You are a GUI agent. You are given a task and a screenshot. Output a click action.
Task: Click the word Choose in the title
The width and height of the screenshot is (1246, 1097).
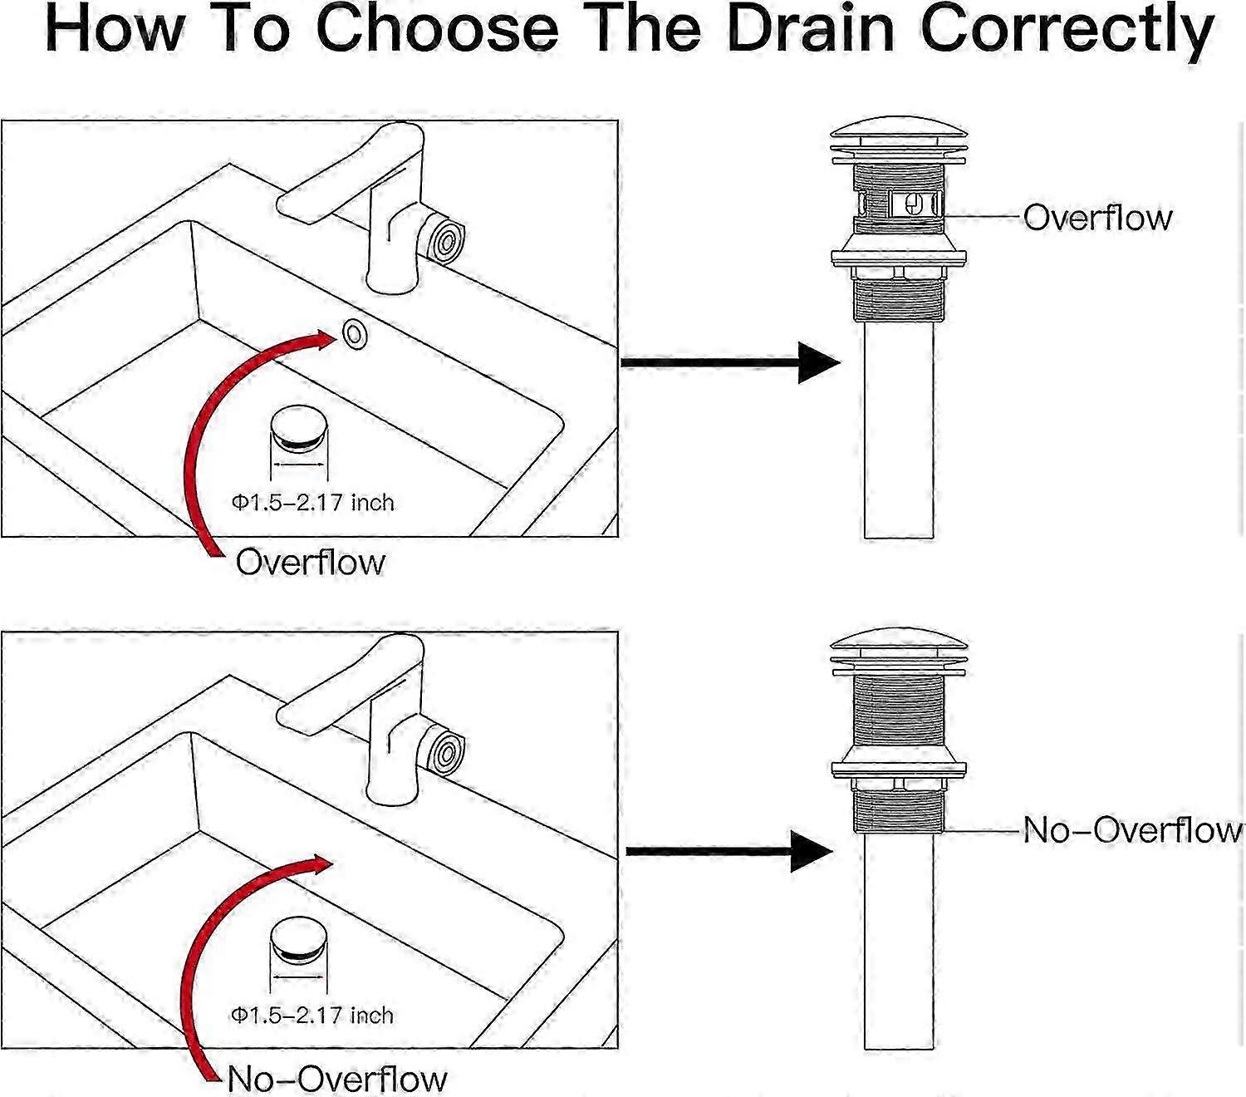click(x=436, y=29)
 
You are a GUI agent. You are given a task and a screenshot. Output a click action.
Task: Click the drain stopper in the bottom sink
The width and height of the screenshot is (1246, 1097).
click(x=299, y=937)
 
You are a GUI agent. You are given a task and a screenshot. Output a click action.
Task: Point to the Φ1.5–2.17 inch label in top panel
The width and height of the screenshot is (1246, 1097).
click(x=312, y=502)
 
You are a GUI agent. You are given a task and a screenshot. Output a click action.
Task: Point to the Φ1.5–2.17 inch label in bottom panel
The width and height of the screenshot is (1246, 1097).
click(x=312, y=1015)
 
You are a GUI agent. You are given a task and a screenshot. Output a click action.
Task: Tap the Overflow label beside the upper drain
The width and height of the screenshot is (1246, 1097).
click(x=1097, y=217)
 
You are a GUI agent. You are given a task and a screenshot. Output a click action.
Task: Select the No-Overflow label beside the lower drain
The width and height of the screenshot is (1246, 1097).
click(x=1131, y=829)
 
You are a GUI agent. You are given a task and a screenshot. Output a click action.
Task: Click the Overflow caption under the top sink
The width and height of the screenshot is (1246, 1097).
click(x=311, y=562)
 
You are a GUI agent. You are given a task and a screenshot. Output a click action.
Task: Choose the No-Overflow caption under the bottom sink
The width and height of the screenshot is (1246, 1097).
click(x=336, y=1079)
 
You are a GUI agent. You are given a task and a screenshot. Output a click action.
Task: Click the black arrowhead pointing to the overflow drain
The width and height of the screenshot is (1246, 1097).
click(x=818, y=362)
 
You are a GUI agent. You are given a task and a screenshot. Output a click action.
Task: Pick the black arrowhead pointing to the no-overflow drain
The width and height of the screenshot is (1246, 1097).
click(x=811, y=850)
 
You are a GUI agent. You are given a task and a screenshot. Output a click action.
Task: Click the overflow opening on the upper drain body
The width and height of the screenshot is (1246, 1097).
click(x=913, y=204)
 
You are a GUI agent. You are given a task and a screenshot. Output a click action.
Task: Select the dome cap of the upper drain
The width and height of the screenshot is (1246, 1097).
click(x=900, y=135)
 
